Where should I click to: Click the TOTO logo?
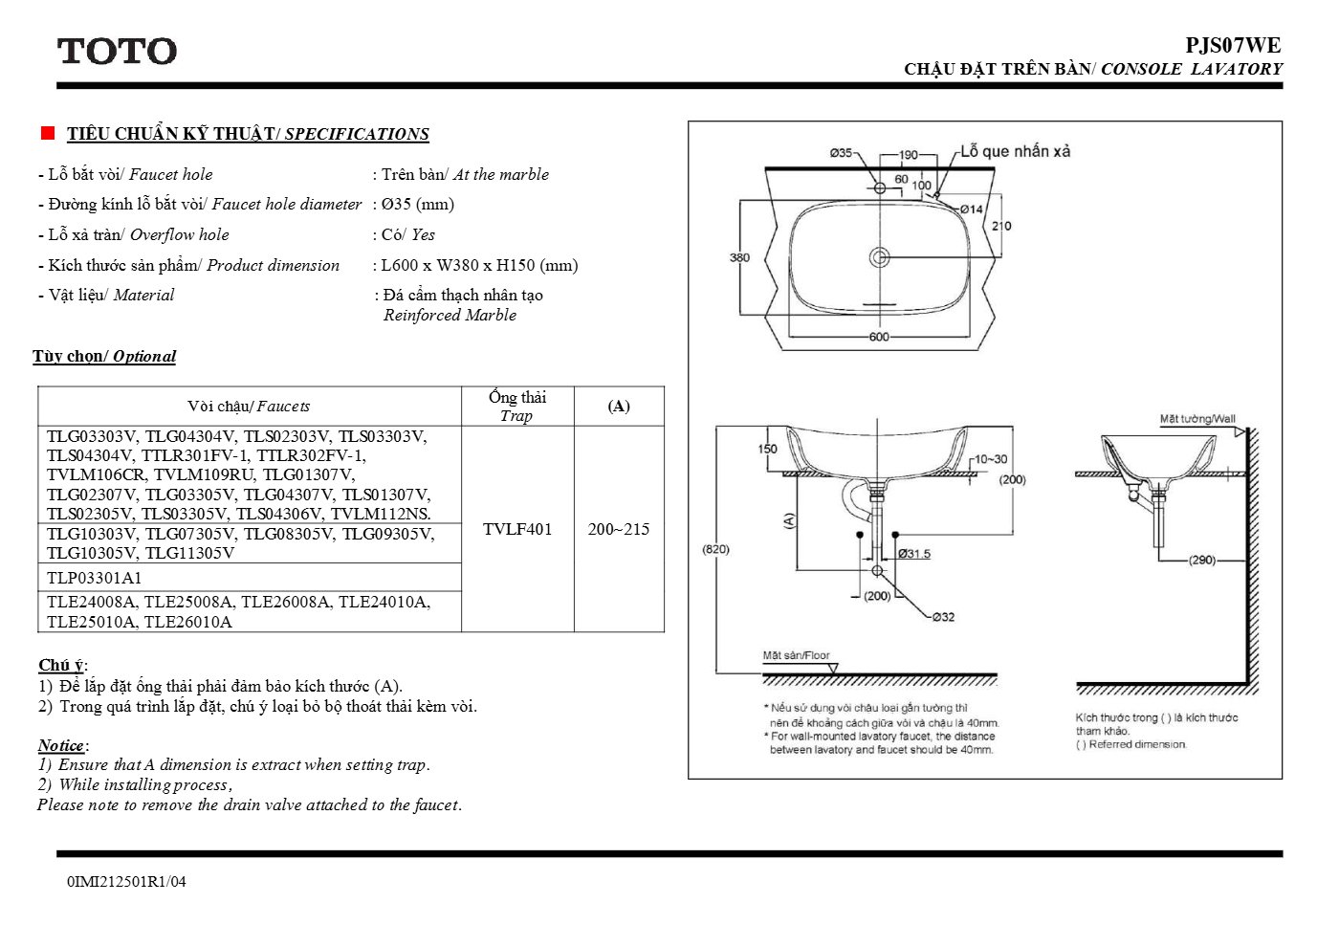[117, 51]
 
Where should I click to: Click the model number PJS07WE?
[1233, 46]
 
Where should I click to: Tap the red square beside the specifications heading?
[48, 133]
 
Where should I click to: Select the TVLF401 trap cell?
[517, 529]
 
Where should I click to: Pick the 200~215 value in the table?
[619, 529]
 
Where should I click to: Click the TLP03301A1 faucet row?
[94, 578]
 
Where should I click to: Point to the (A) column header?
[619, 407]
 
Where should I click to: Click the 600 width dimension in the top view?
[879, 337]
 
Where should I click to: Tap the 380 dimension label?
[739, 257]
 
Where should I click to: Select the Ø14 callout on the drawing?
[972, 209]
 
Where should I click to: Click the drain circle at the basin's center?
[879, 257]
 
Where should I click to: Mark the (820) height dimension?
[715, 549]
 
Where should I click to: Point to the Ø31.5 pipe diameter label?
[914, 554]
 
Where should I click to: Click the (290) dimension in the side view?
[1201, 561]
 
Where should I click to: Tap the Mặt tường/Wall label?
[1197, 419]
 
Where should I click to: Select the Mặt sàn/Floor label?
[796, 655]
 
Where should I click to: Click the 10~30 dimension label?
[991, 459]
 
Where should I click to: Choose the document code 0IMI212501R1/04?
[126, 881]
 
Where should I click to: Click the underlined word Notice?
[61, 745]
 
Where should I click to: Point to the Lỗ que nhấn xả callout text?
[1015, 151]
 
